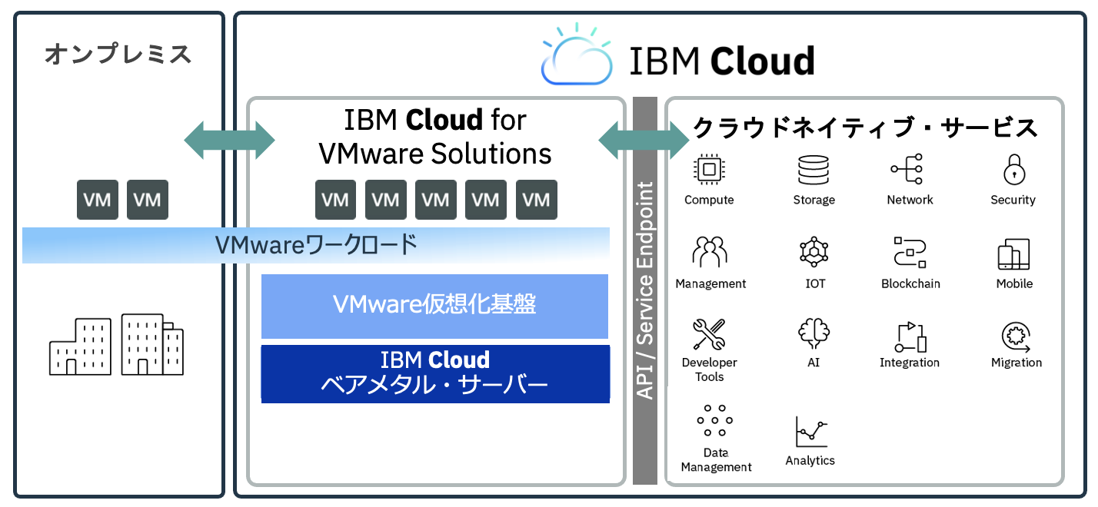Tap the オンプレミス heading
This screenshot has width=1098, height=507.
[x=118, y=55]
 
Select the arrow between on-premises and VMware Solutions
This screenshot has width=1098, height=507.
[x=229, y=140]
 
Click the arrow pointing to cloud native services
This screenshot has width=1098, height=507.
[x=644, y=140]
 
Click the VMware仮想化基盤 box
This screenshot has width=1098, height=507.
[x=434, y=306]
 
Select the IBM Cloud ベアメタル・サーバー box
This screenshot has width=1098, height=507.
[x=434, y=373]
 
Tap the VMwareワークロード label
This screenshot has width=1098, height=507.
[x=316, y=245]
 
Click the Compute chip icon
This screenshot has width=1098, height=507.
[x=709, y=170]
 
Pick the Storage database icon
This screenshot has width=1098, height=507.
[x=814, y=170]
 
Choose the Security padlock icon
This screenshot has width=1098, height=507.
[x=1013, y=170]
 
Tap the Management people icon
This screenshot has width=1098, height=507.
[x=710, y=253]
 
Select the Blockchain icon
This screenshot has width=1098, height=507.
[x=910, y=253]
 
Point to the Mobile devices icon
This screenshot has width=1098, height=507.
[x=1013, y=254]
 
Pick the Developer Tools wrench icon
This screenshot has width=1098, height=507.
[x=709, y=334]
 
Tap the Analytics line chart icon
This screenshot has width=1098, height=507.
[x=811, y=432]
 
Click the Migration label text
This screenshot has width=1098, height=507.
[x=1016, y=363]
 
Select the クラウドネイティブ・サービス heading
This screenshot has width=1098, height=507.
[x=865, y=128]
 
